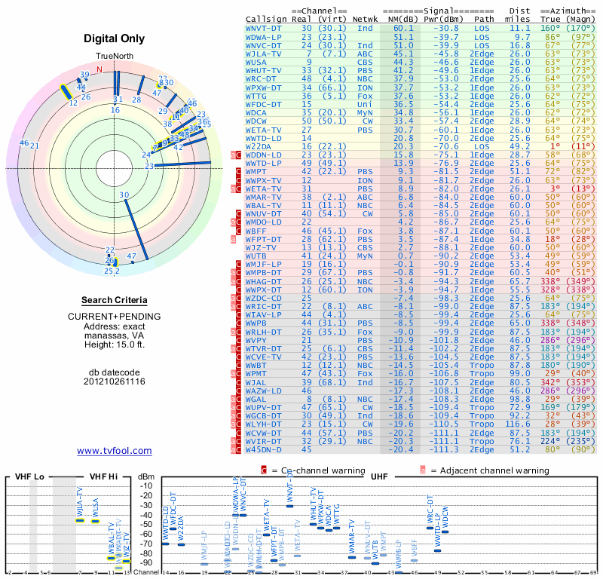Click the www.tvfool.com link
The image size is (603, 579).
coord(115,451)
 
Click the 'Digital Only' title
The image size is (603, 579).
coord(115,38)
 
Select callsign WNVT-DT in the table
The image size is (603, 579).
coord(264,28)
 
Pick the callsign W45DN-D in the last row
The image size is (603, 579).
coord(263,450)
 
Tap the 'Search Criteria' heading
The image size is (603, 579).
coord(115,300)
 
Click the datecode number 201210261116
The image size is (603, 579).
coord(115,381)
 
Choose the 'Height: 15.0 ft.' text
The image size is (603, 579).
coord(115,345)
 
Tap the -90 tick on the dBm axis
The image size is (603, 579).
coord(146,562)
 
